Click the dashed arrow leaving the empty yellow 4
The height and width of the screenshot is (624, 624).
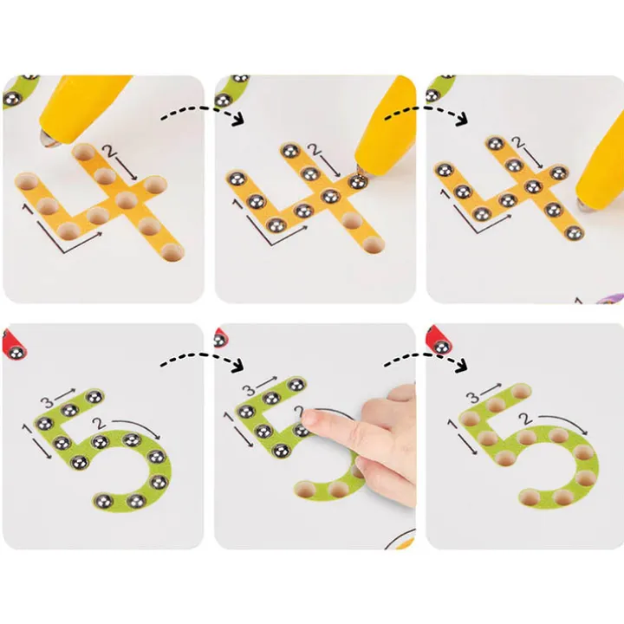coord(203,111)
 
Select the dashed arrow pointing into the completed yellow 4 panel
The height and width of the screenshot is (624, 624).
coord(426,111)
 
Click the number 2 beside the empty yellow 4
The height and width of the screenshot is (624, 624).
coord(108,151)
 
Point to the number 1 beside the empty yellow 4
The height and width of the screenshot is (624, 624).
coord(27,208)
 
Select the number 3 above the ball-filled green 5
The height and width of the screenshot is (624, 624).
coord(48,403)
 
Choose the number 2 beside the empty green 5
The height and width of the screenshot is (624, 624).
coord(527,419)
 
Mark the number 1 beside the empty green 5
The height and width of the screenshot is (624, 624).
coord(452,424)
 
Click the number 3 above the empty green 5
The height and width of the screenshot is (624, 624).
coord(472,397)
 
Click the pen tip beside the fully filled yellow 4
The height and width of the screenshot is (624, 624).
coord(583,205)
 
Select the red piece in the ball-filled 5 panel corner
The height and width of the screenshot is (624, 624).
coord(13,346)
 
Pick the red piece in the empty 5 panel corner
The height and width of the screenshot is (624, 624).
coord(439,341)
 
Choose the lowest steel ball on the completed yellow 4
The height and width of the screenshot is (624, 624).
coord(574,233)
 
